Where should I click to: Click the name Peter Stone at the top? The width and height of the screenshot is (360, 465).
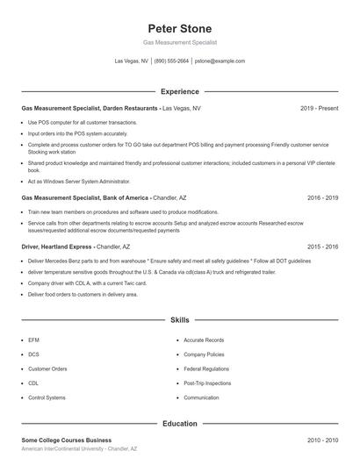(x=179, y=28)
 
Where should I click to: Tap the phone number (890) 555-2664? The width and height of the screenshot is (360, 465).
(x=172, y=61)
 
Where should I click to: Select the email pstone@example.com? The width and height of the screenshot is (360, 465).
(x=220, y=61)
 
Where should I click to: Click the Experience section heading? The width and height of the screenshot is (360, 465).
(x=179, y=91)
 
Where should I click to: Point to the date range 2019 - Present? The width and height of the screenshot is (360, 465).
(x=319, y=108)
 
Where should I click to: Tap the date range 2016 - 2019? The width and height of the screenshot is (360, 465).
(x=322, y=198)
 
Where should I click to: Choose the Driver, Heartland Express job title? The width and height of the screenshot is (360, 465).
(x=57, y=247)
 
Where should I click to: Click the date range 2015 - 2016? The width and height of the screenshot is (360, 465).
(x=322, y=247)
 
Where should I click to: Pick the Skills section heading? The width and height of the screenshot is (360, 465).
(x=179, y=321)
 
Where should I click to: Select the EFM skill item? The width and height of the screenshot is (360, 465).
(x=34, y=340)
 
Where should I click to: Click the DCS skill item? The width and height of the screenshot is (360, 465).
(x=34, y=354)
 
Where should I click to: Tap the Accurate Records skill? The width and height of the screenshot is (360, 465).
(x=204, y=340)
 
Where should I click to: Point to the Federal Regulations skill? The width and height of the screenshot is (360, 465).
(x=206, y=369)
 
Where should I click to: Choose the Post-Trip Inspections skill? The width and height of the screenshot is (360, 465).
(x=207, y=383)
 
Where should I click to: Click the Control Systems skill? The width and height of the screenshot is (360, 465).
(x=47, y=397)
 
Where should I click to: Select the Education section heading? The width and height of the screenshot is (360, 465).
(x=179, y=424)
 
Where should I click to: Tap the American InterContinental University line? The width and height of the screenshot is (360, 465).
(x=79, y=448)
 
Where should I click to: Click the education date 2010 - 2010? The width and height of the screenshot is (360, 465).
(x=322, y=440)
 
